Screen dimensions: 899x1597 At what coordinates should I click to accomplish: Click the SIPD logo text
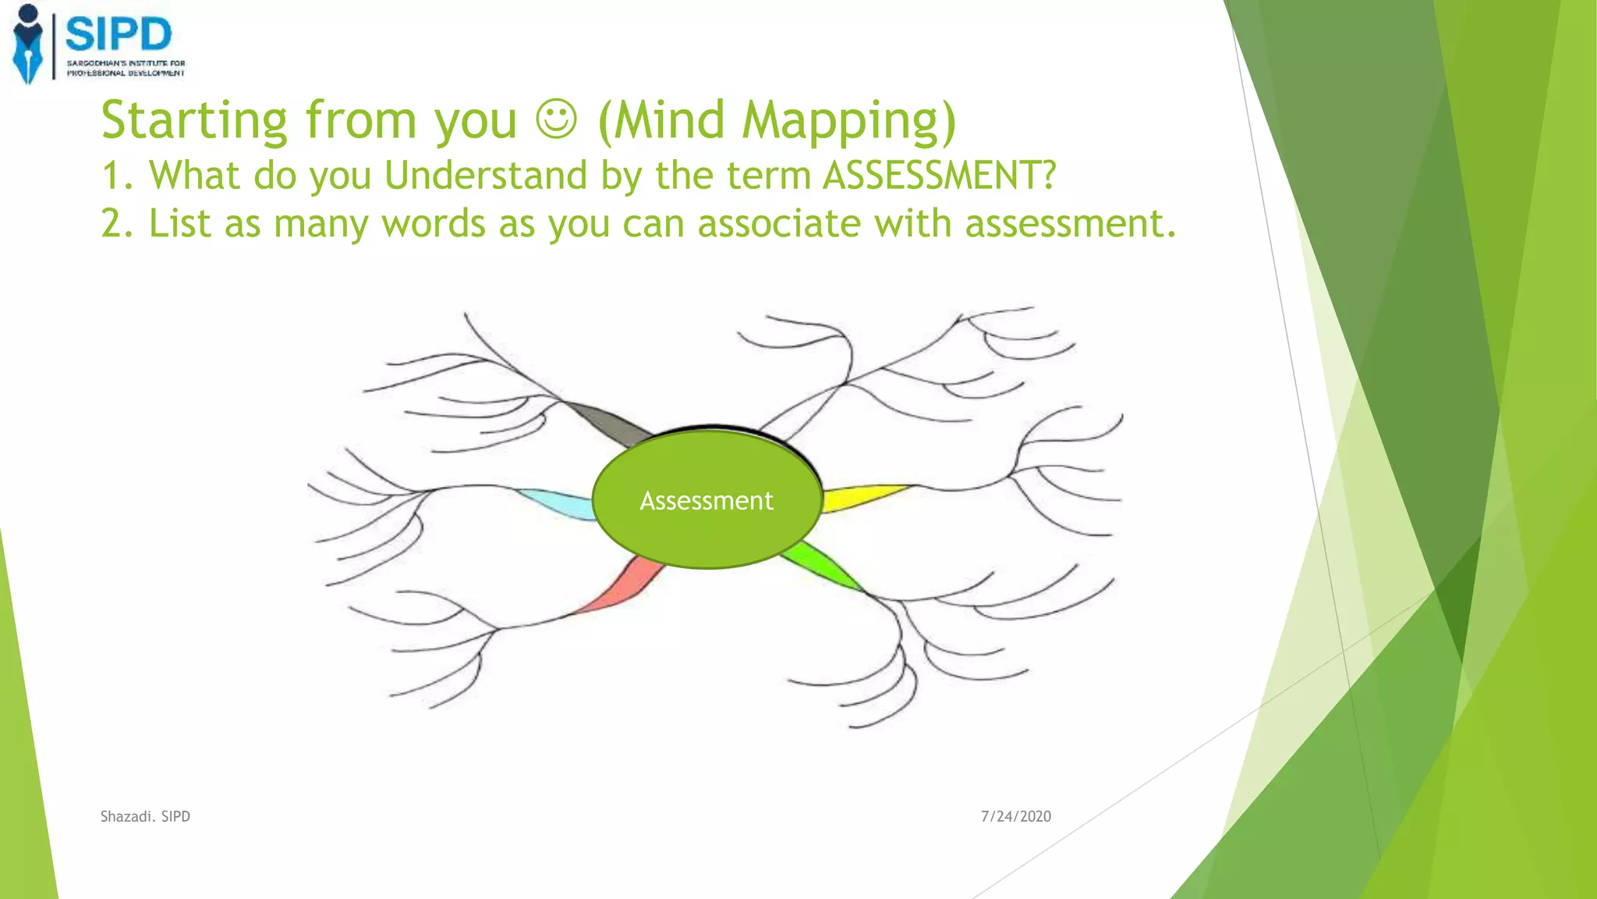click(x=119, y=35)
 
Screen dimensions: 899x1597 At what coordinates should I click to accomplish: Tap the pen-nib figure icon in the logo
click(x=28, y=44)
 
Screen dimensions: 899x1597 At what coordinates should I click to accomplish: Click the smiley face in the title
click(x=557, y=120)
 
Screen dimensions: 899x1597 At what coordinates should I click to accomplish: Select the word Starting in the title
click(x=194, y=121)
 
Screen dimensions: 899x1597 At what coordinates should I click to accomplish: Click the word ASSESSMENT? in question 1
click(x=940, y=175)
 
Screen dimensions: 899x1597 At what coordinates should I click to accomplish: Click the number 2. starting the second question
click(x=118, y=224)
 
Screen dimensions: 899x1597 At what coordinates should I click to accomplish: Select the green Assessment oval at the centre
click(x=706, y=500)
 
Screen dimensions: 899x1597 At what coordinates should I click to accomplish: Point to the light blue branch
click(x=557, y=503)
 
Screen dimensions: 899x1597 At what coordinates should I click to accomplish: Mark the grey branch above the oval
click(x=608, y=422)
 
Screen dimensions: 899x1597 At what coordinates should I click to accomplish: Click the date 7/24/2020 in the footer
click(x=1015, y=816)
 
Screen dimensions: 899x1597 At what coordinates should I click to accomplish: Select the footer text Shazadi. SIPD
click(x=145, y=816)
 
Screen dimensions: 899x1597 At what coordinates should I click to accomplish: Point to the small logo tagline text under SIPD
click(x=126, y=68)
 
